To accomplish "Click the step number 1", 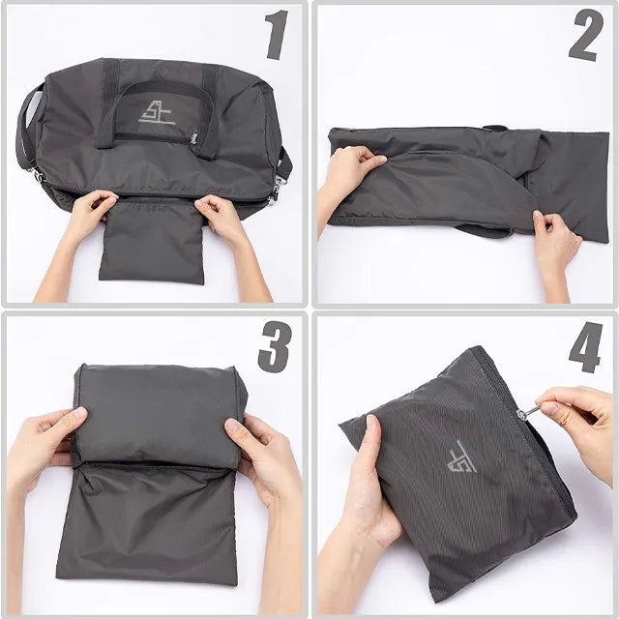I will click(278, 36).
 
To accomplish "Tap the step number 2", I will click(585, 36).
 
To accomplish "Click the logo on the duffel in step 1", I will click(156, 112).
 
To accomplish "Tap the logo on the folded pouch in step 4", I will click(462, 456).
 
